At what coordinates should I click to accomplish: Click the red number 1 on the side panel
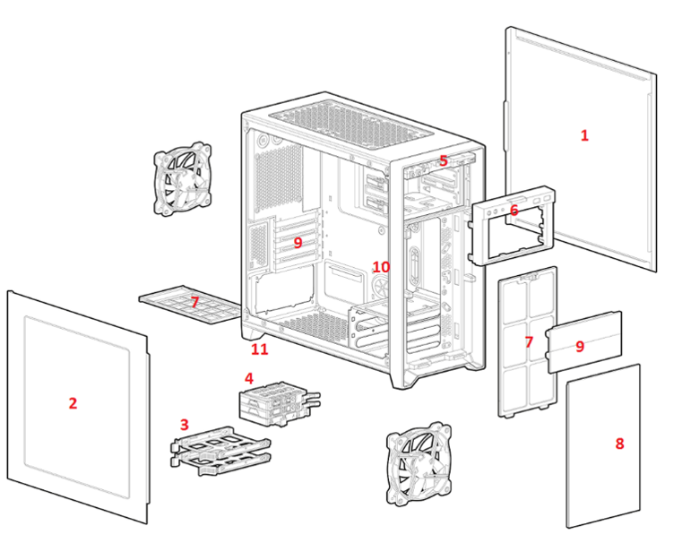(x=584, y=135)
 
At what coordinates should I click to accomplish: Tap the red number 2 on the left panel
(x=73, y=403)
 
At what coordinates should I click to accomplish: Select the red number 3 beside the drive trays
(x=184, y=424)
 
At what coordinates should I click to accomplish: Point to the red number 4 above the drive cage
(x=249, y=378)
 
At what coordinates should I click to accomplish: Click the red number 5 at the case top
(x=443, y=161)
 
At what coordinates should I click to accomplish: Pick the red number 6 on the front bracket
(x=514, y=210)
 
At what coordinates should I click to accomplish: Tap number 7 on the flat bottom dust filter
(x=194, y=303)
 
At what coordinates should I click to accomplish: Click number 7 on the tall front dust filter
(x=529, y=342)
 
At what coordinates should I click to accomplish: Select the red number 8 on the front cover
(x=619, y=443)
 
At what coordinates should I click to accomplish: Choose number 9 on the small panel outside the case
(x=580, y=346)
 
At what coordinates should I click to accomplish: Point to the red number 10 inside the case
(x=381, y=267)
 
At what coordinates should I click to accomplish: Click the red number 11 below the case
(x=259, y=349)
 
